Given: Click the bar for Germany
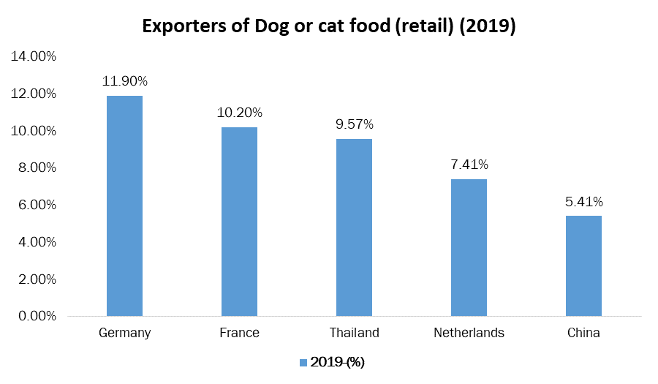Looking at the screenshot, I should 124,206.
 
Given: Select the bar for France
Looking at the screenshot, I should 239,222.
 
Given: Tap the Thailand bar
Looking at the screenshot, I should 354,227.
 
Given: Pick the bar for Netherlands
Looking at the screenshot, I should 469,247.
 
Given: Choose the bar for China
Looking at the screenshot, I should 583,266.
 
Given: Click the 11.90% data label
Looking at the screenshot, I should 124,80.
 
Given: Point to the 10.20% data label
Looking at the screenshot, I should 239,113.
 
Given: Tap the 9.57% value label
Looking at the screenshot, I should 354,124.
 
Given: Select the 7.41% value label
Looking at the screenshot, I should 469,165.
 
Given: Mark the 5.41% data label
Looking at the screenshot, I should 583,201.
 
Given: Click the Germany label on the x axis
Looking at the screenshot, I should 124,333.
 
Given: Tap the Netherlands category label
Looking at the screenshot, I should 469,333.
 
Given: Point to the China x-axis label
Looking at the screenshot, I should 583,333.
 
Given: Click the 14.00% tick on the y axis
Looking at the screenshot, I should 33,56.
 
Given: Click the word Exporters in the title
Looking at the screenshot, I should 184,26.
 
